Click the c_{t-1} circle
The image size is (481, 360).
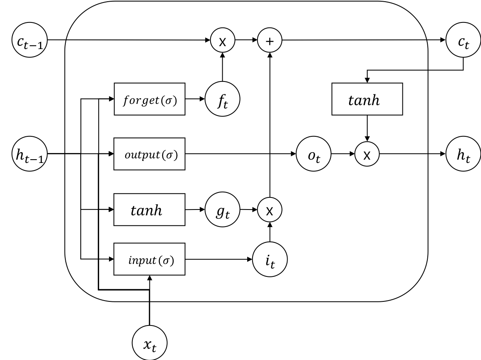pos(28,41)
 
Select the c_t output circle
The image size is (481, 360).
pos(463,41)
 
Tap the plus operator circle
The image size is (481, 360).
pos(270,41)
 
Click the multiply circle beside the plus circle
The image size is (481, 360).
pos(223,41)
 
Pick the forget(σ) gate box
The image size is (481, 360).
pos(149,99)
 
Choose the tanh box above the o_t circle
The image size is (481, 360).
pos(367,99)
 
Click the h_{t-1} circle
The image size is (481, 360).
pos(28,155)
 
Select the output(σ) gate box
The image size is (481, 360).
pos(149,154)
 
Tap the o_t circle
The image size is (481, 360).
pos(313,155)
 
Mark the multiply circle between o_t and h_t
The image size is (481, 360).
pos(367,154)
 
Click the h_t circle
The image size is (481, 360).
pos(463,155)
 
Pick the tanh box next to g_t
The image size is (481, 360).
pos(149,210)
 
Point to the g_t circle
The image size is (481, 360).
pos(223,210)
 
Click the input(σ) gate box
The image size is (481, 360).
pos(149,259)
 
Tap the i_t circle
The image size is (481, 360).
pos(270,260)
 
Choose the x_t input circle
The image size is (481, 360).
pos(149,343)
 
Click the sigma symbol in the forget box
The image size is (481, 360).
pos(169,101)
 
